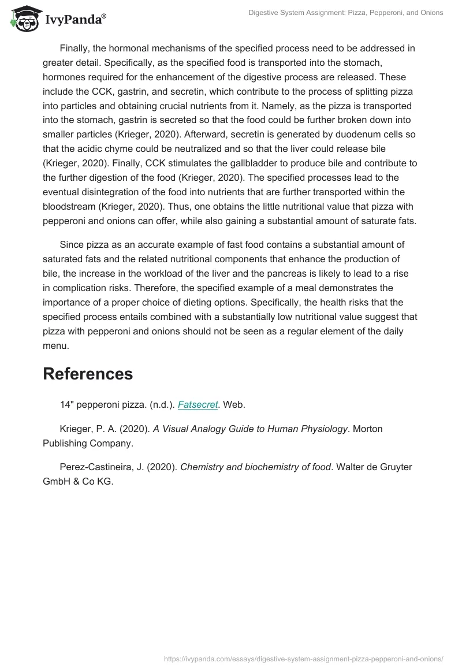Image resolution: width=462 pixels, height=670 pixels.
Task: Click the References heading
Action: [88, 374]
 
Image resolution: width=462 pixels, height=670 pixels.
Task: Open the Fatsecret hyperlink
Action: [198, 405]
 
